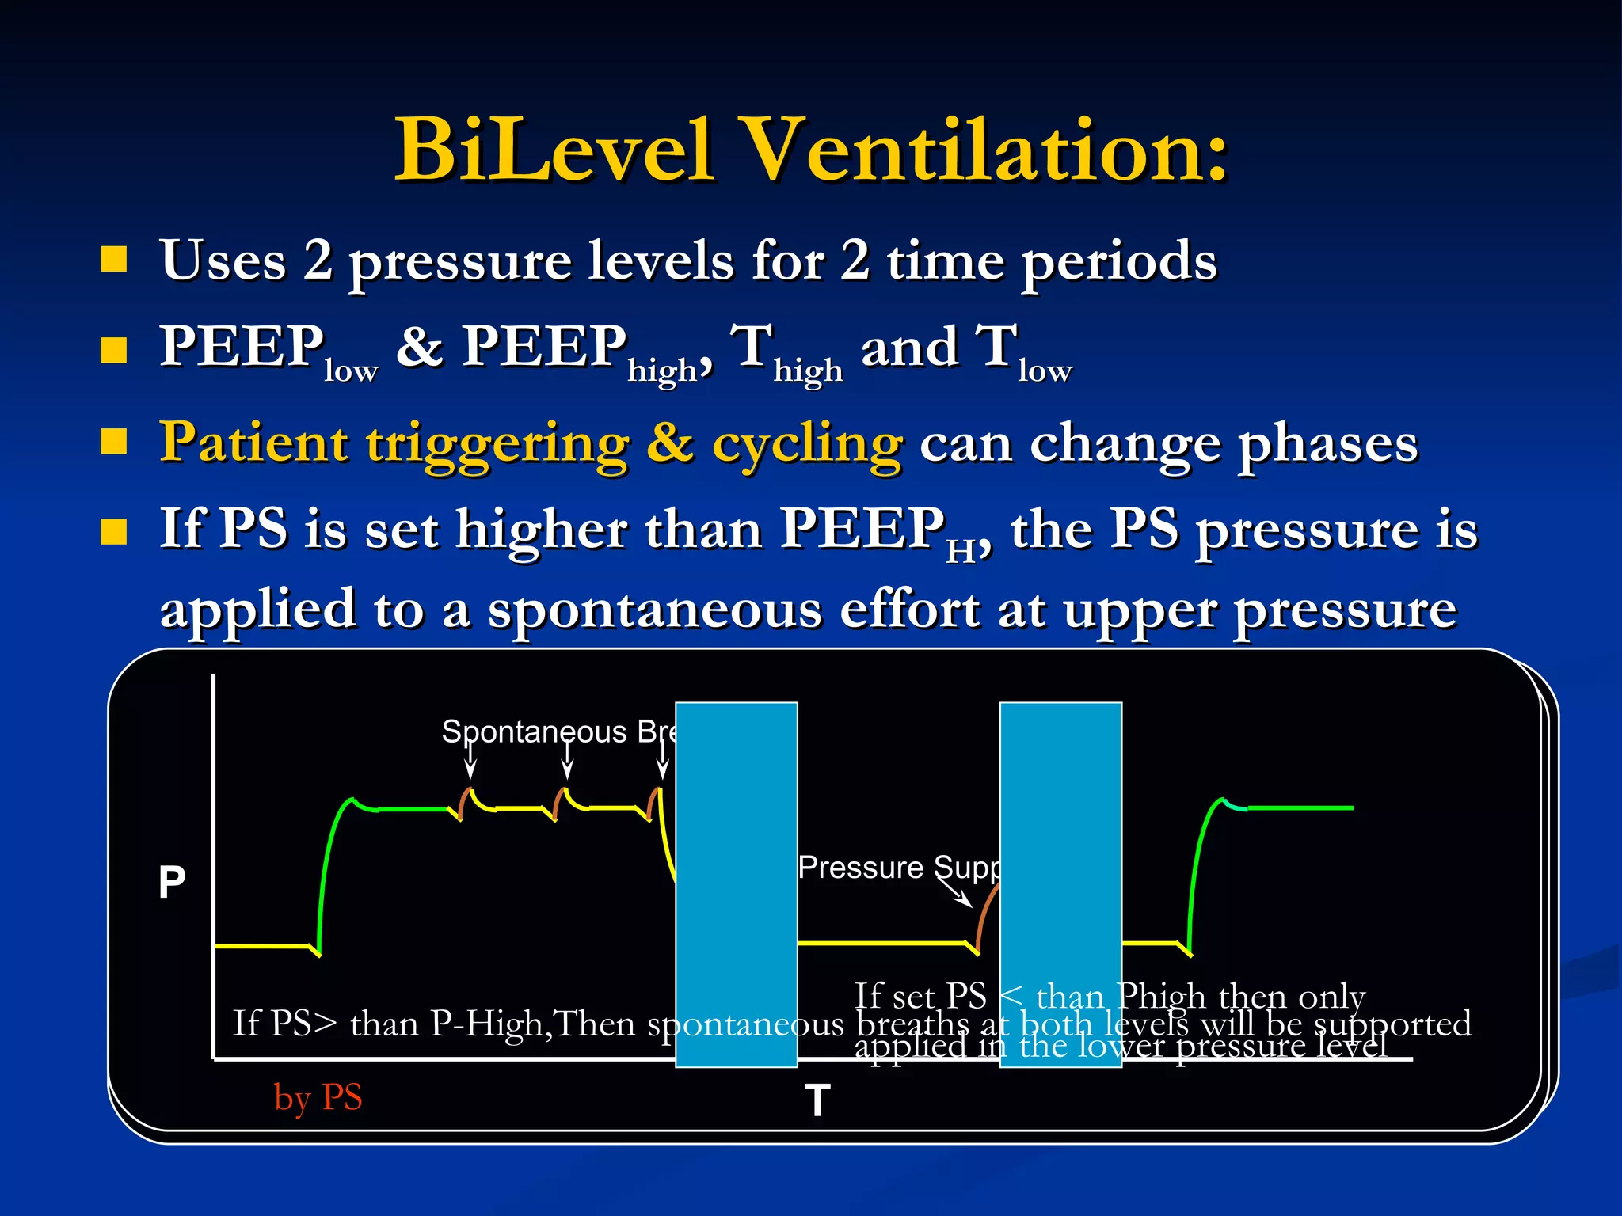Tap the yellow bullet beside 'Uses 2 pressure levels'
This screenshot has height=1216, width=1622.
[x=114, y=259]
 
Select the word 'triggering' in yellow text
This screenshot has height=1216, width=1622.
[x=497, y=444]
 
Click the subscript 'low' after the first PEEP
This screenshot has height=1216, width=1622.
[x=351, y=370]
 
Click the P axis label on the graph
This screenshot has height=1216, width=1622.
[x=172, y=882]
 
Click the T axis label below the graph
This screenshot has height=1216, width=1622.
[x=817, y=1100]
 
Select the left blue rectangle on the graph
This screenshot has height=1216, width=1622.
[x=736, y=883]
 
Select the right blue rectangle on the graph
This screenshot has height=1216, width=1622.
[x=1060, y=883]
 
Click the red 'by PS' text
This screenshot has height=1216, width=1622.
[x=318, y=1097]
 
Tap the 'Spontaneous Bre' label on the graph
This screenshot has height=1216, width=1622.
[x=558, y=731]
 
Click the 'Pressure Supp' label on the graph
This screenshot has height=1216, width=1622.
[x=898, y=868]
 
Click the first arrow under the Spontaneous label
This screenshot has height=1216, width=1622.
[x=470, y=762]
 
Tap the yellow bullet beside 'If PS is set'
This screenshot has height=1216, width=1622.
[x=114, y=532]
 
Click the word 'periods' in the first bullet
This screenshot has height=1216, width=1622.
[x=1118, y=261]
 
